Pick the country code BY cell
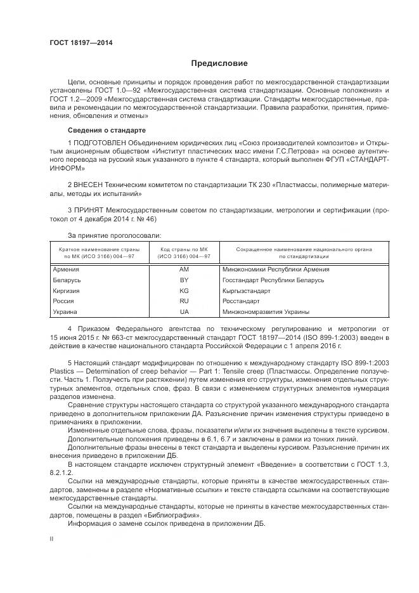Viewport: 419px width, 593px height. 184,280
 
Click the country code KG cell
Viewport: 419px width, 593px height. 184,290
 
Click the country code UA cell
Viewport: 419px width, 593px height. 184,312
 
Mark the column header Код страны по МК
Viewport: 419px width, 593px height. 184,250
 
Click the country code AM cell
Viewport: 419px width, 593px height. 184,270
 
